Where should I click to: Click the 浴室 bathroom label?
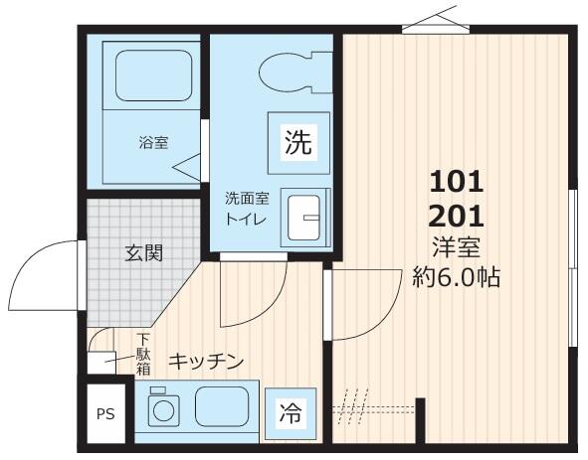tap(153, 142)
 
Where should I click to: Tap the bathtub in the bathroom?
tap(146, 74)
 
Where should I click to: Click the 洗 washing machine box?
tap(297, 142)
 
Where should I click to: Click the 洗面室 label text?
tap(245, 198)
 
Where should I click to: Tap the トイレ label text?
tap(245, 219)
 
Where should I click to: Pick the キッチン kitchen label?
tap(204, 361)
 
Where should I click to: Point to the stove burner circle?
tap(160, 408)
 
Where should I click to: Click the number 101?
tap(456, 181)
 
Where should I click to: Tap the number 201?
tap(456, 215)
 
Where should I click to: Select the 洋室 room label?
tap(456, 246)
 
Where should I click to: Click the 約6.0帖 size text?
tap(456, 276)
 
